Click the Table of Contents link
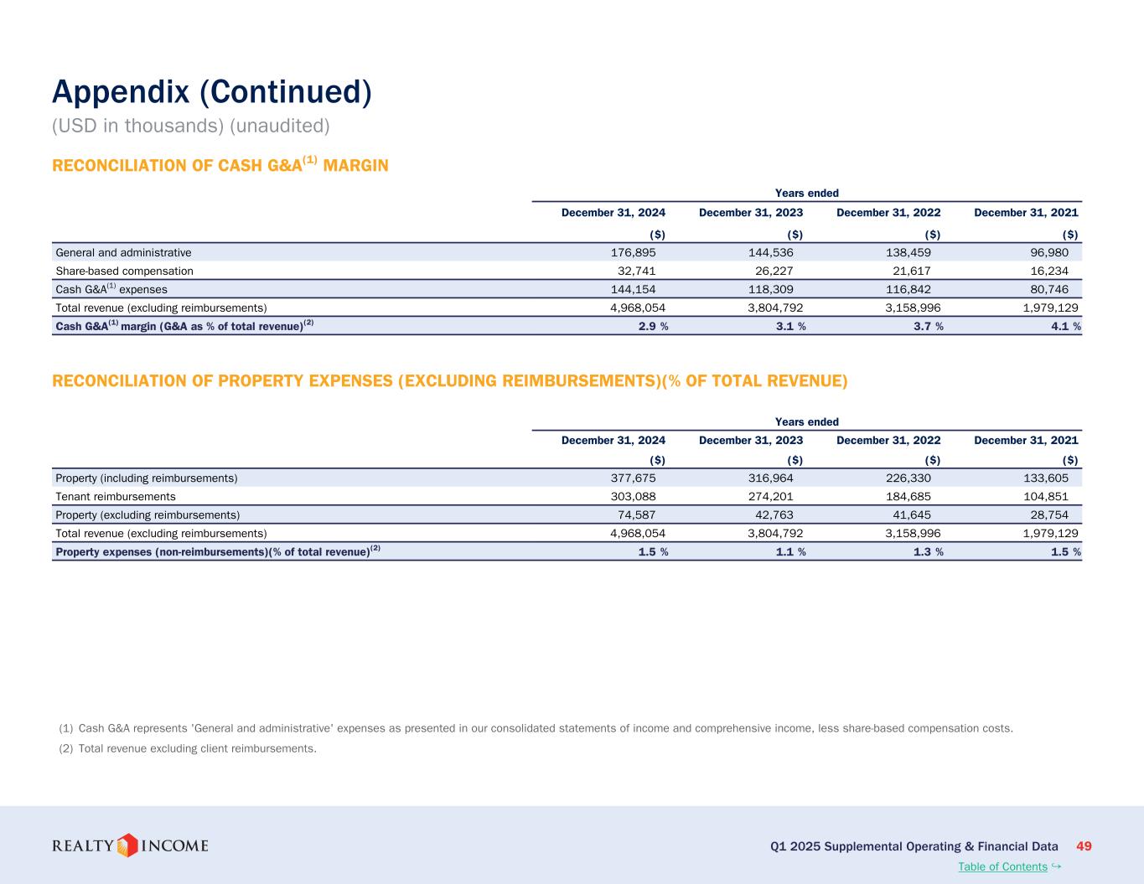pos(1002,866)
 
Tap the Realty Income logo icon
pos(127,845)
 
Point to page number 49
pos(1084,846)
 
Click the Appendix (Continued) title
pos(211,92)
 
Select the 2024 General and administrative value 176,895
pos(633,252)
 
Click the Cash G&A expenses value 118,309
pos(770,289)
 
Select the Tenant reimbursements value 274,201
pos(770,496)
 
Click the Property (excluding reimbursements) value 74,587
pos(633,514)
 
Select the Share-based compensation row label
pos(124,271)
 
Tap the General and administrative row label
pos(123,252)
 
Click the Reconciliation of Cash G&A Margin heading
pos(220,165)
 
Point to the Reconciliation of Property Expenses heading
pos(449,381)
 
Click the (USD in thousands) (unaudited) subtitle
pos(191,126)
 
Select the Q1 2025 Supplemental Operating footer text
pos(914,846)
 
